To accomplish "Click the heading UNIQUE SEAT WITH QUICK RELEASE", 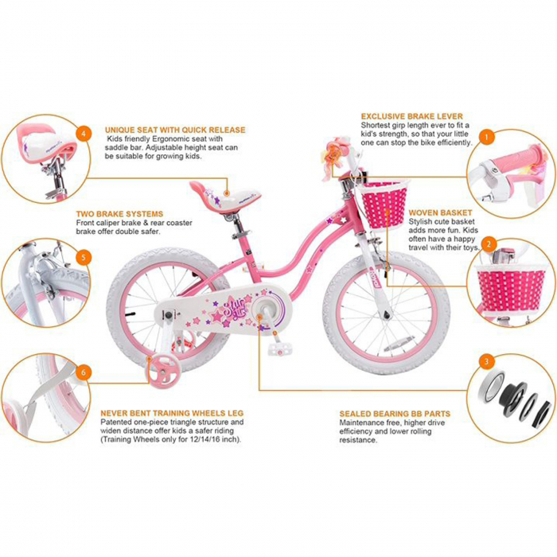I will (176, 130).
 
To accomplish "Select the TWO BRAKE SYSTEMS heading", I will (119, 214).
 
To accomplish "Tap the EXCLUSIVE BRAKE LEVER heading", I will (412, 115).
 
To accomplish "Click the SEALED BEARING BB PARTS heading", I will (395, 414).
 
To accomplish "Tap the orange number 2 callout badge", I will (489, 244).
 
